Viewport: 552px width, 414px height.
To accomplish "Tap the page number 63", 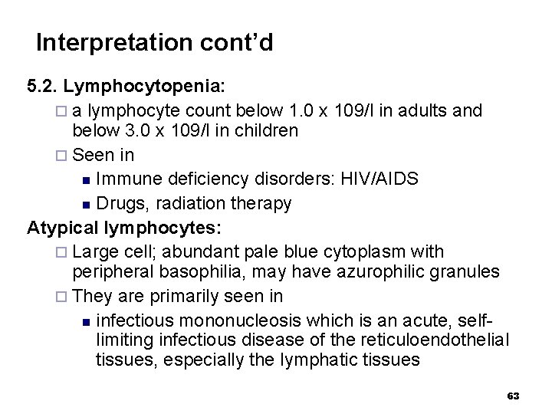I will click(514, 396).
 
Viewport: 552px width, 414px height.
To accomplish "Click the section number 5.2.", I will click(44, 85).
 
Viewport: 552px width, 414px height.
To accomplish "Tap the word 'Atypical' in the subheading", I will click(63, 227).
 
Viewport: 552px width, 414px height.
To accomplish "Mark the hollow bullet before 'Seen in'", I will click(63, 156).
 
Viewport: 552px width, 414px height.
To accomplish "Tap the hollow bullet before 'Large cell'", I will click(63, 252).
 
